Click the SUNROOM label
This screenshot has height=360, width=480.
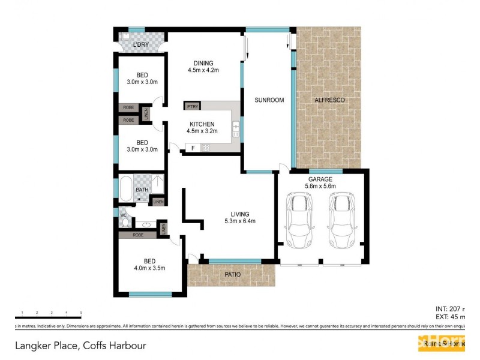coord(268,100)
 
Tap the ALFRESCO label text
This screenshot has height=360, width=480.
coord(329,100)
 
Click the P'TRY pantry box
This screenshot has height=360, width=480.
coord(192,106)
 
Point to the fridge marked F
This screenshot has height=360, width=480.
coord(193,148)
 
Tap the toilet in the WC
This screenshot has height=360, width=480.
coord(124,221)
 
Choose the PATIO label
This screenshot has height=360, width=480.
coord(233,275)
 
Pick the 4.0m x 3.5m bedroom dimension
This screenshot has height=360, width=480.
coord(149,268)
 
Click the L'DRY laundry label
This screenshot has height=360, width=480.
coord(140,45)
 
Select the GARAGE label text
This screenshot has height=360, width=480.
coord(320,178)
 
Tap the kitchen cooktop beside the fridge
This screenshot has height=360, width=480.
coord(205,148)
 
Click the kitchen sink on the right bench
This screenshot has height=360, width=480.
coord(236,127)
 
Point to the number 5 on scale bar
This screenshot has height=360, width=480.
coord(80,313)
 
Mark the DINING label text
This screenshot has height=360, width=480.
coord(203,63)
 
